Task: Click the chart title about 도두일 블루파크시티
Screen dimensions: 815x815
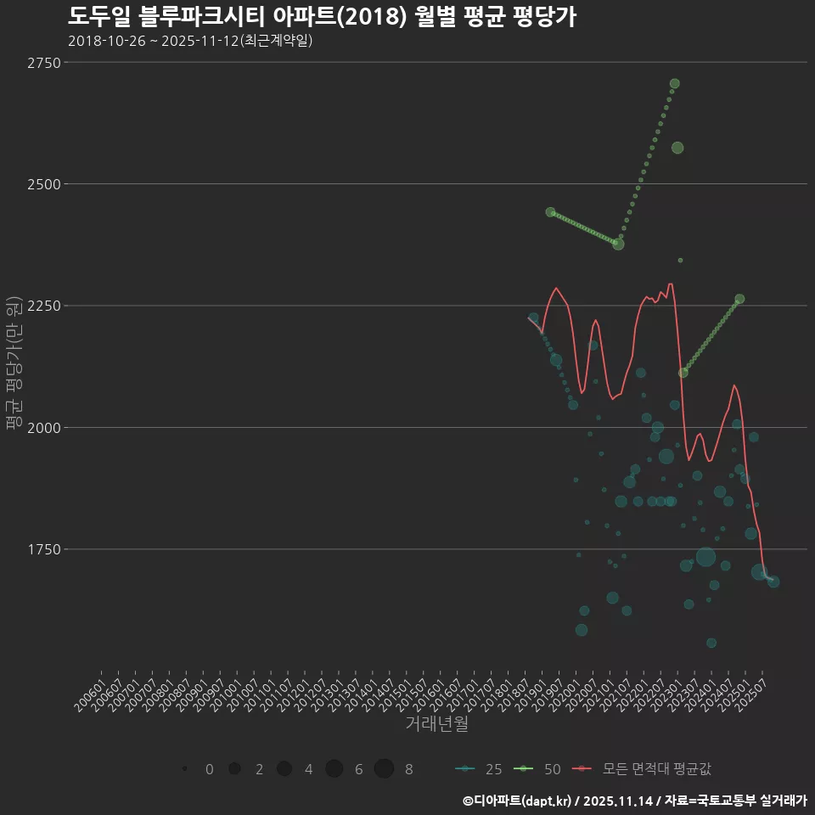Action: (x=322, y=16)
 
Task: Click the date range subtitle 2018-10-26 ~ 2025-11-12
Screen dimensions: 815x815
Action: (x=190, y=41)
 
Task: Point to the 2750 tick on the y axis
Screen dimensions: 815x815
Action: (x=43, y=63)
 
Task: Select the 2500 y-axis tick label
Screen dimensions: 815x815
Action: (x=43, y=184)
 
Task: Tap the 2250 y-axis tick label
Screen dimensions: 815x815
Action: (x=43, y=306)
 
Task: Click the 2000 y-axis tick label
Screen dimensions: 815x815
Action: (x=43, y=428)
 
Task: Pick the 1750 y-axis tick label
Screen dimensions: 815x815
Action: (x=43, y=549)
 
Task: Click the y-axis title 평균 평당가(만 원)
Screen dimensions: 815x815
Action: (x=14, y=363)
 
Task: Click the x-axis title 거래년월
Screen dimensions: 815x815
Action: (x=437, y=724)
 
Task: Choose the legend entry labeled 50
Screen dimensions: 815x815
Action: (x=538, y=769)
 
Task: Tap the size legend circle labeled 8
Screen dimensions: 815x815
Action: (x=385, y=769)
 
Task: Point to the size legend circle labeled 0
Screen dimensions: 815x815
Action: (x=184, y=769)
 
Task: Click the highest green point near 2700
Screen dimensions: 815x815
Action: (x=675, y=83)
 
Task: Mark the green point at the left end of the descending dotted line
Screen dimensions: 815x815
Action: (x=550, y=212)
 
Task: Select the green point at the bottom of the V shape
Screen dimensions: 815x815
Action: (x=618, y=244)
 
